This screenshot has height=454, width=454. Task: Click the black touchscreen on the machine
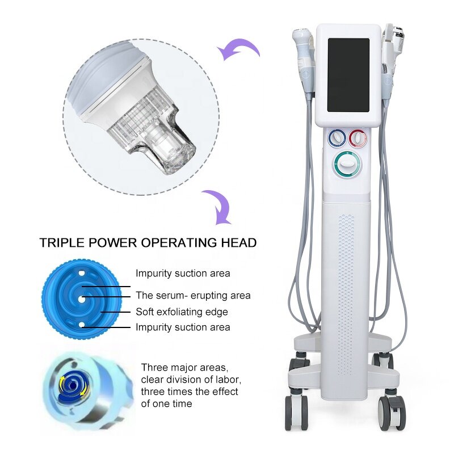348,74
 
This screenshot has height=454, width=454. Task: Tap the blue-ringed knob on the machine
337,138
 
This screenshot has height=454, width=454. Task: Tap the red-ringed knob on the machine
358,138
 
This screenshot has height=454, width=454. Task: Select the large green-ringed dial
347,166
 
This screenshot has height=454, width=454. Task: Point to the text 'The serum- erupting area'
192,296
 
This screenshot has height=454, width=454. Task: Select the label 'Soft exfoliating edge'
182,312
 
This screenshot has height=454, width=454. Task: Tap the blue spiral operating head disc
81,299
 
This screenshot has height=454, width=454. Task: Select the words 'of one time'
166,403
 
